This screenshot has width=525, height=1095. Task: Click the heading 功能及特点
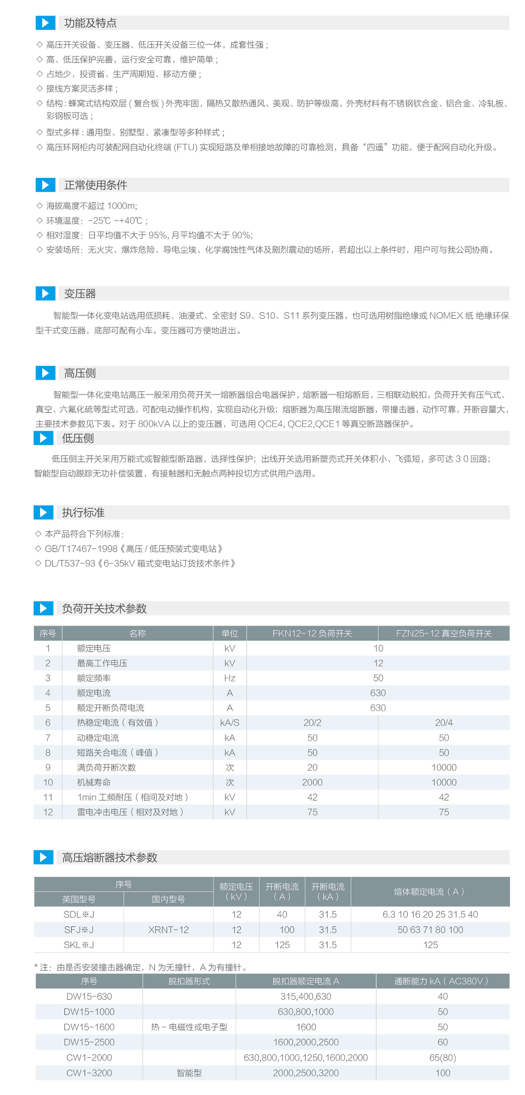tap(90, 23)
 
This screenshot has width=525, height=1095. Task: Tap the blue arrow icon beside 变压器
tap(45, 293)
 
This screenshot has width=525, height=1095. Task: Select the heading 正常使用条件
tap(95, 185)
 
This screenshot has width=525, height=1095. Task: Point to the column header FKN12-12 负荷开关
tap(312, 633)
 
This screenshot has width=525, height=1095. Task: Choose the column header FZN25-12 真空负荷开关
tap(444, 633)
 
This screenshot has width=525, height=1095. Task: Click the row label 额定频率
tap(94, 678)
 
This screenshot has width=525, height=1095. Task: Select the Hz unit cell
tap(229, 678)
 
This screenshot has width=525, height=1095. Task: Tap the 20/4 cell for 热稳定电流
tap(444, 723)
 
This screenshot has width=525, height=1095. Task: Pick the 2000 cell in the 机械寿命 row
tap(312, 782)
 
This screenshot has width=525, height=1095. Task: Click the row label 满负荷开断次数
tap(106, 767)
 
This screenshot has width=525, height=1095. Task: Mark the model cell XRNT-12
tap(168, 930)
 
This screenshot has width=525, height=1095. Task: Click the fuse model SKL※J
tap(78, 945)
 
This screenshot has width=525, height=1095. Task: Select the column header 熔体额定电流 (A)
tap(430, 891)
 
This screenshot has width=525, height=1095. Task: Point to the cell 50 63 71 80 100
tap(430, 930)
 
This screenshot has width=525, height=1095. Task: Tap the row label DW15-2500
tap(89, 1042)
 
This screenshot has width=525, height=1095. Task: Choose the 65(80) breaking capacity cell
tap(442, 1057)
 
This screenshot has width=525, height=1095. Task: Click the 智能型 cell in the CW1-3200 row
tap(189, 1073)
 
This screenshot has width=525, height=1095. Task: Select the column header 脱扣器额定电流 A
tap(305, 981)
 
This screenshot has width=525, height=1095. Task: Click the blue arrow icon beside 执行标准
tap(43, 512)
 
